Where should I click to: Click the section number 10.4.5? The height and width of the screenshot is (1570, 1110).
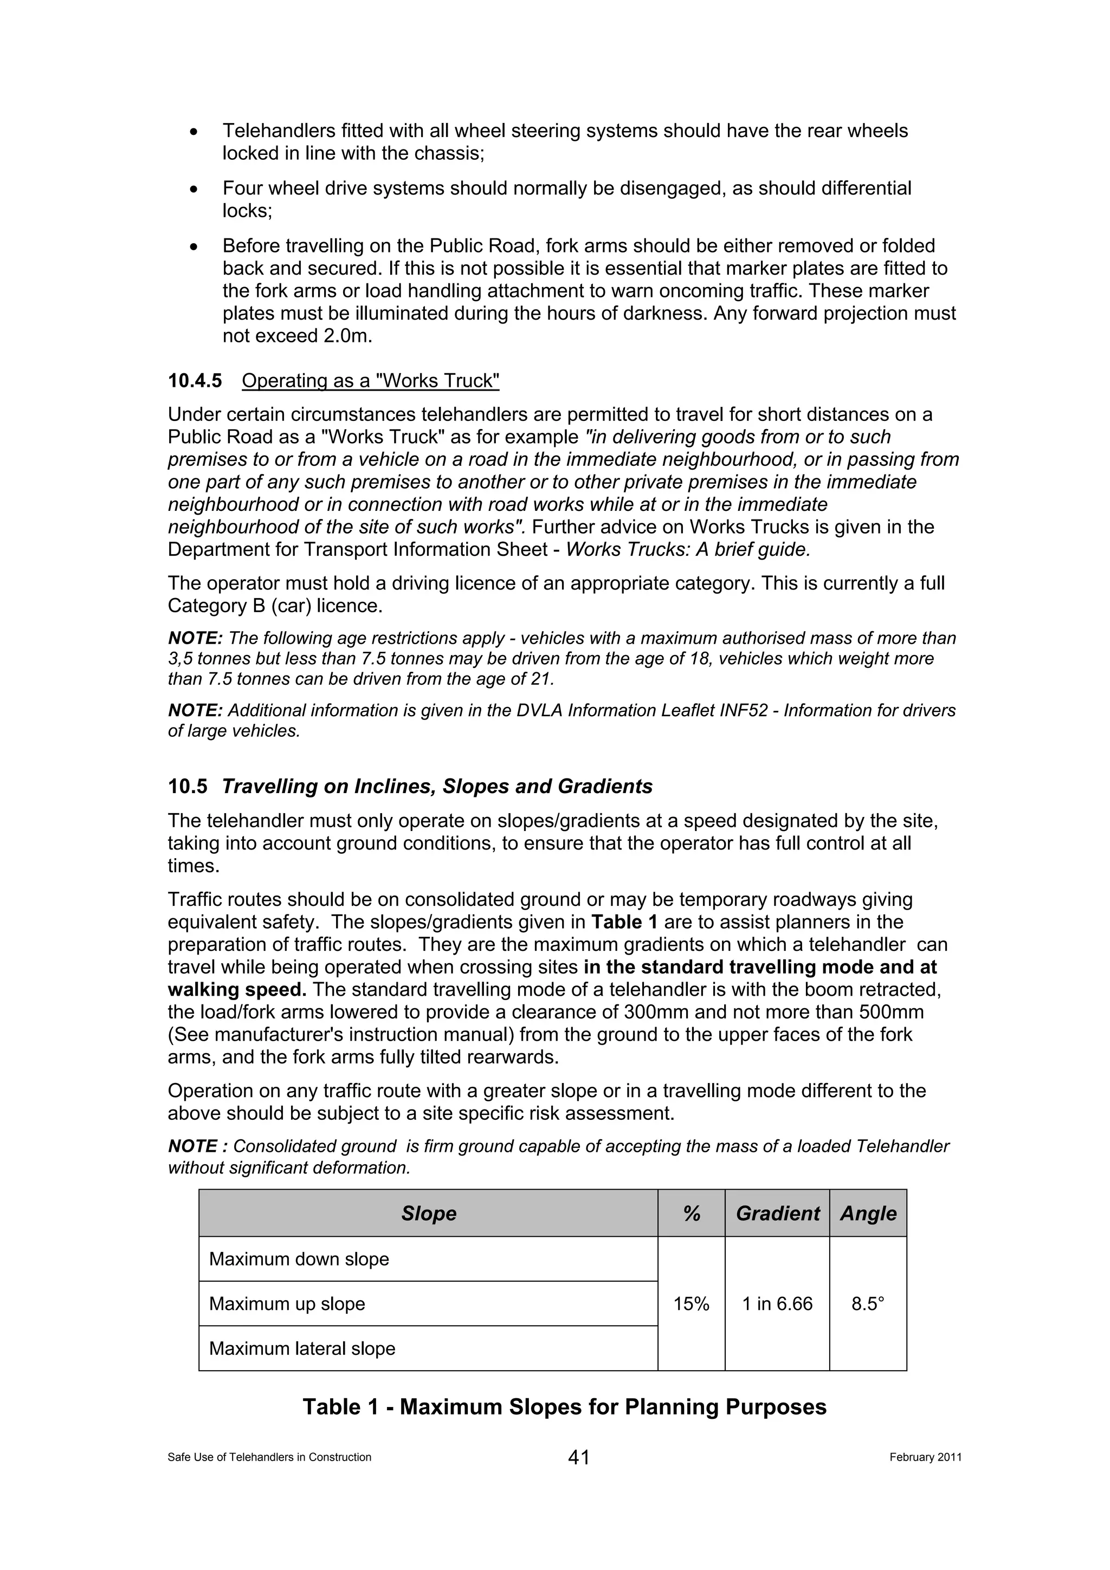coord(195,381)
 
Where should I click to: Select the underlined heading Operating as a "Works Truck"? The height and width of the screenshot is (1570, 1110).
coord(370,381)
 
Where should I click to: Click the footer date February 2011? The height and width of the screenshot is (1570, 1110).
coord(925,1457)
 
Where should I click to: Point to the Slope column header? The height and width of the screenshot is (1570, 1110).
coord(428,1213)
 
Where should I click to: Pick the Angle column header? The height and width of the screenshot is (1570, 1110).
coord(867,1213)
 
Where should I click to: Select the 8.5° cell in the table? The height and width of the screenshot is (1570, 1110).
coord(867,1304)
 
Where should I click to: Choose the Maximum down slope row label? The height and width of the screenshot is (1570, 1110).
coord(299,1259)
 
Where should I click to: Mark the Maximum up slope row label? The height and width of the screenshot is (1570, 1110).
coord(287,1304)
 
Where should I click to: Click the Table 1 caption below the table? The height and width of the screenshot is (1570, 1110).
coord(564,1406)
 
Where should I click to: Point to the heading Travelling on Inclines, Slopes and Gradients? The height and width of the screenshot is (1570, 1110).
coord(436,787)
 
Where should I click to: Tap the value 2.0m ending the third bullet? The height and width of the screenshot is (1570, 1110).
coord(347,336)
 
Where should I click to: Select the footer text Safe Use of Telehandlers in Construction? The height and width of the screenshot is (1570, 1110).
coord(269,1457)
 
